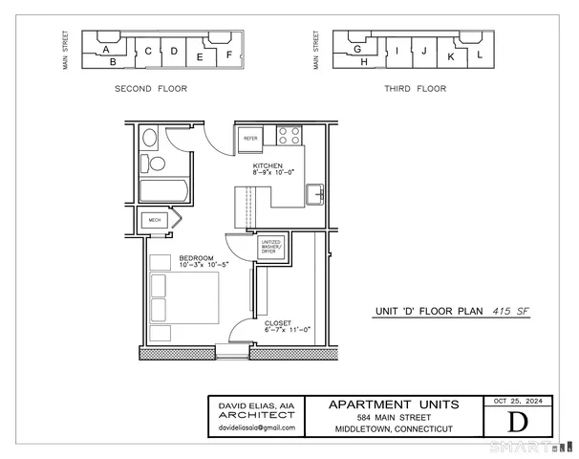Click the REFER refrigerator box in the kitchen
click(x=250, y=138)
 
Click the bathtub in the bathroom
click(x=161, y=188)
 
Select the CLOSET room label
click(x=278, y=323)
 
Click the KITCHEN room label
click(x=268, y=165)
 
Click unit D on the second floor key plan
click(x=174, y=51)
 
